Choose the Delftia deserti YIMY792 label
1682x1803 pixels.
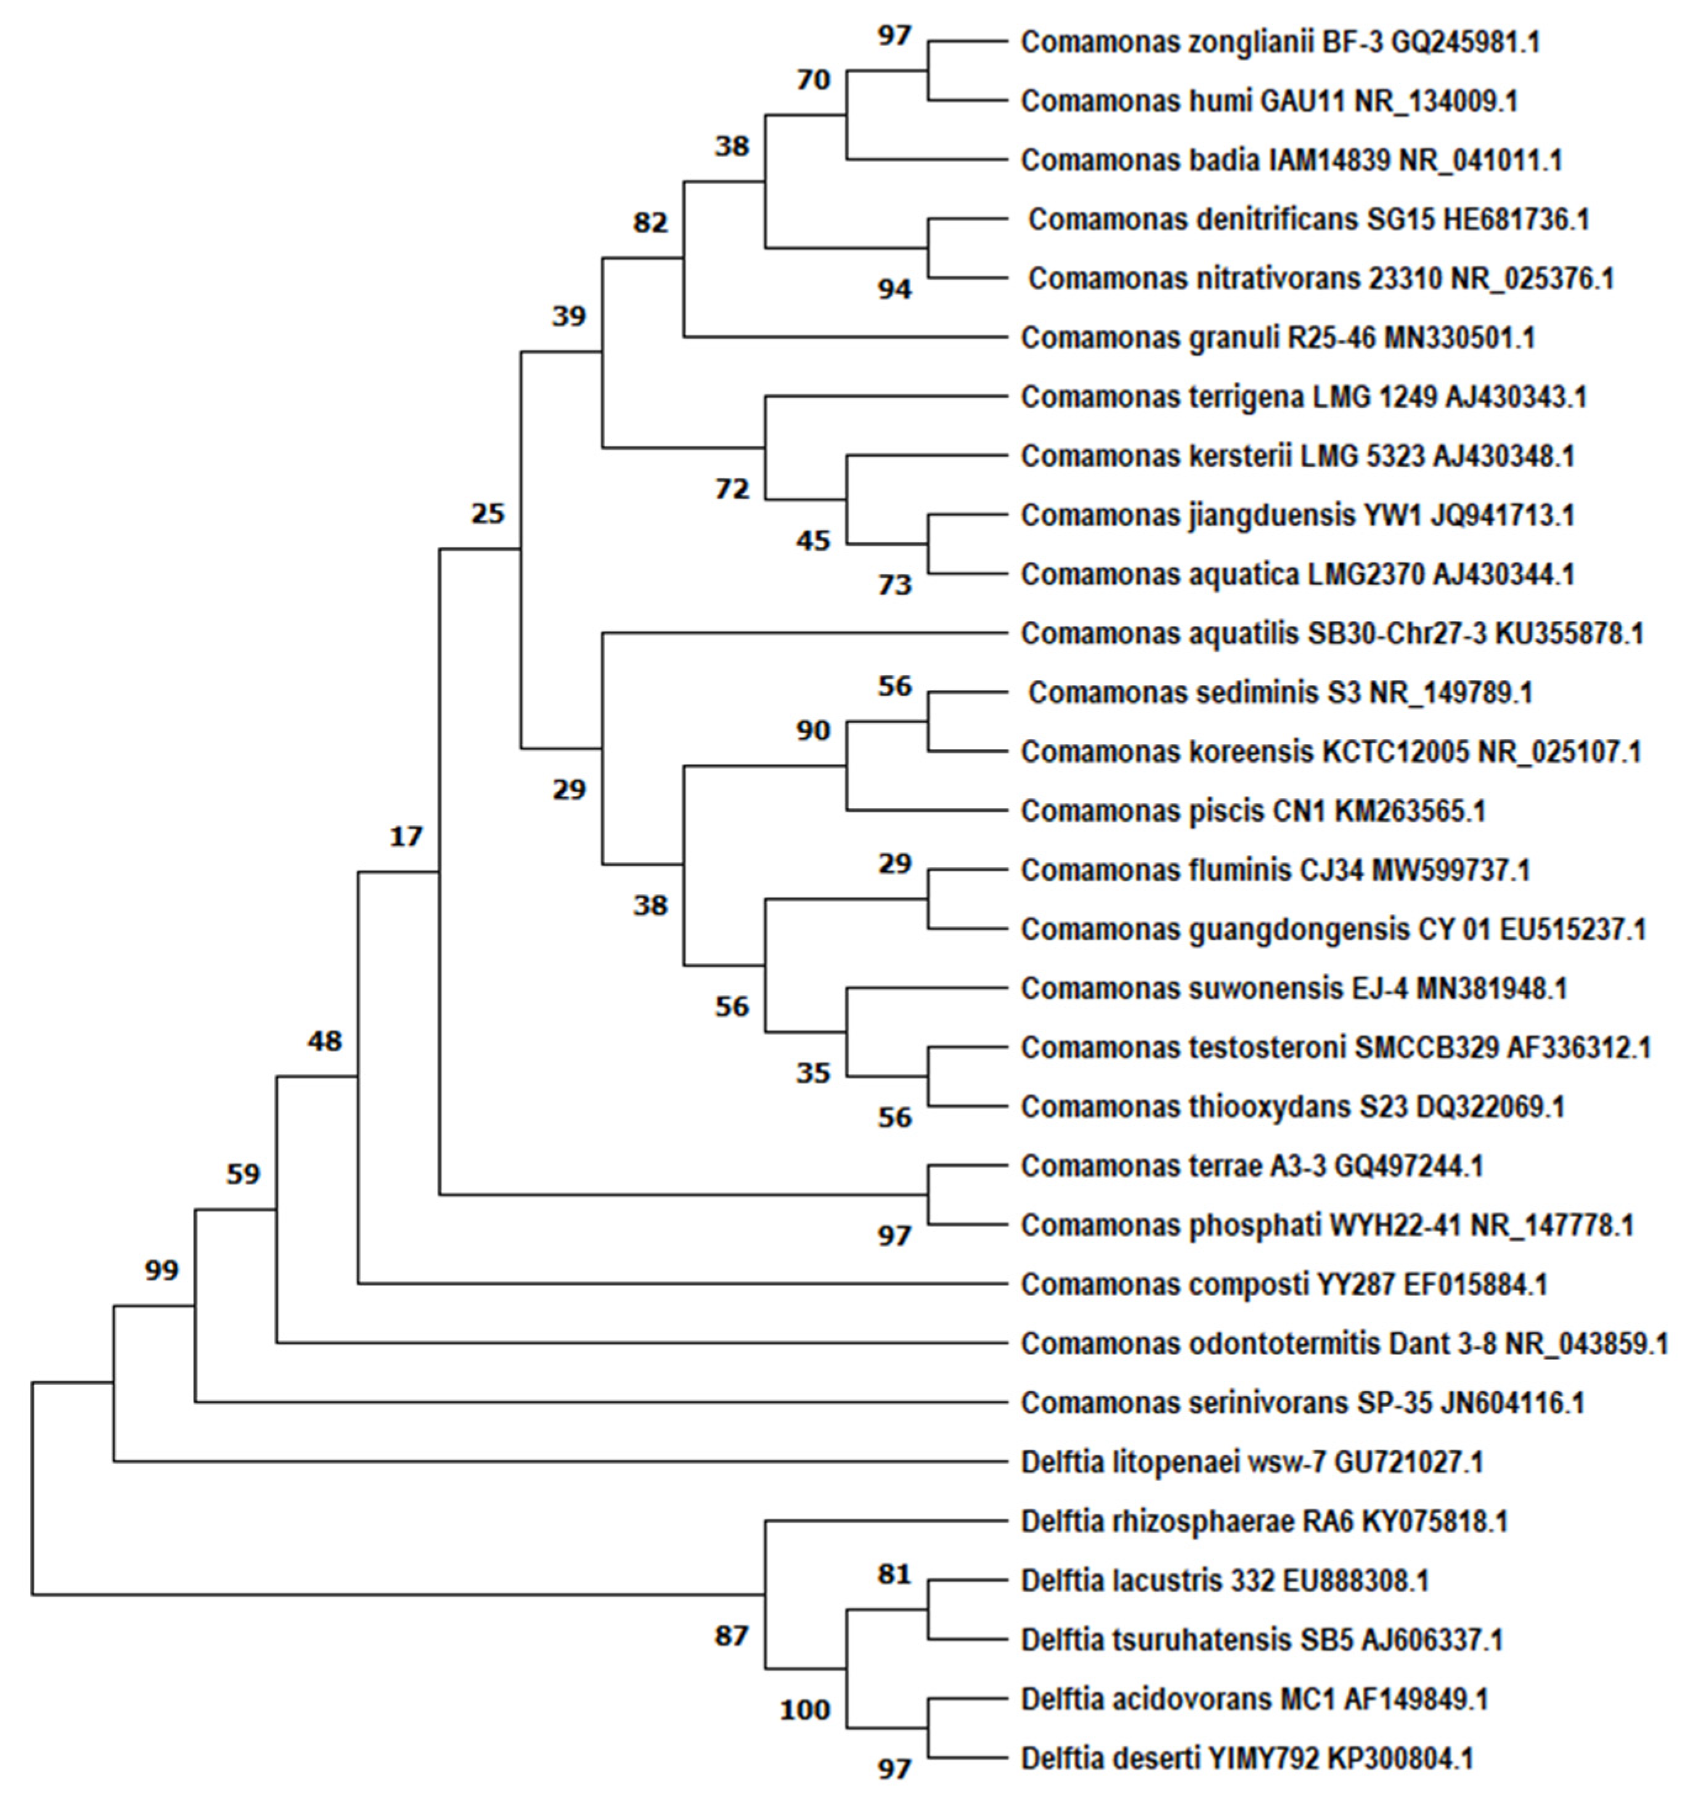pyautogui.click(x=1246, y=1759)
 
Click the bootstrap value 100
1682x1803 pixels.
pyautogui.click(x=805, y=1711)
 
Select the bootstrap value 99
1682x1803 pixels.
pyautogui.click(x=161, y=1271)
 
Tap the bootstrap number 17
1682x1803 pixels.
pyautogui.click(x=406, y=836)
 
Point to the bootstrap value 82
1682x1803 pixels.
pyautogui.click(x=650, y=222)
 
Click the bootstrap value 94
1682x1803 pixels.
pyautogui.click(x=894, y=290)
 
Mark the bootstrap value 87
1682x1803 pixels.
pyautogui.click(x=731, y=1636)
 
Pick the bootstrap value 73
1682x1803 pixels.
pyautogui.click(x=894, y=586)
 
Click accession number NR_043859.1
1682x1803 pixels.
pyautogui.click(x=1586, y=1344)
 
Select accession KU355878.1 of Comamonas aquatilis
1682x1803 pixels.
pyautogui.click(x=1569, y=633)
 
